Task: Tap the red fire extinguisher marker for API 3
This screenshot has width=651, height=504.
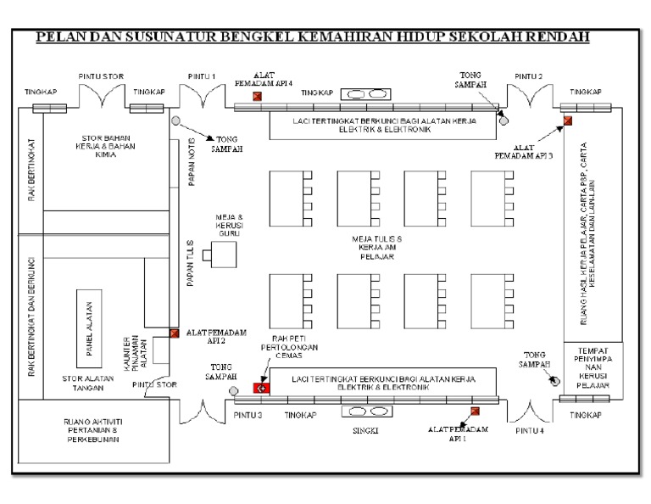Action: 568,120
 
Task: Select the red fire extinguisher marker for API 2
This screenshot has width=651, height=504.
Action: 174,333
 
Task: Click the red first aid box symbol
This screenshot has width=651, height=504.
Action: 261,388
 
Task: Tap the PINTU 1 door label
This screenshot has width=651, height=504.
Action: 201,76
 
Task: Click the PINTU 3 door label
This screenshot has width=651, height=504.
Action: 248,415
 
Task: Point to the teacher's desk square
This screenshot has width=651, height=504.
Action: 225,254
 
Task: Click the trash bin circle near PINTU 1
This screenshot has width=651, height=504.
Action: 175,120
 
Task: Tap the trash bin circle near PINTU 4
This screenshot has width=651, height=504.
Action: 555,380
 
